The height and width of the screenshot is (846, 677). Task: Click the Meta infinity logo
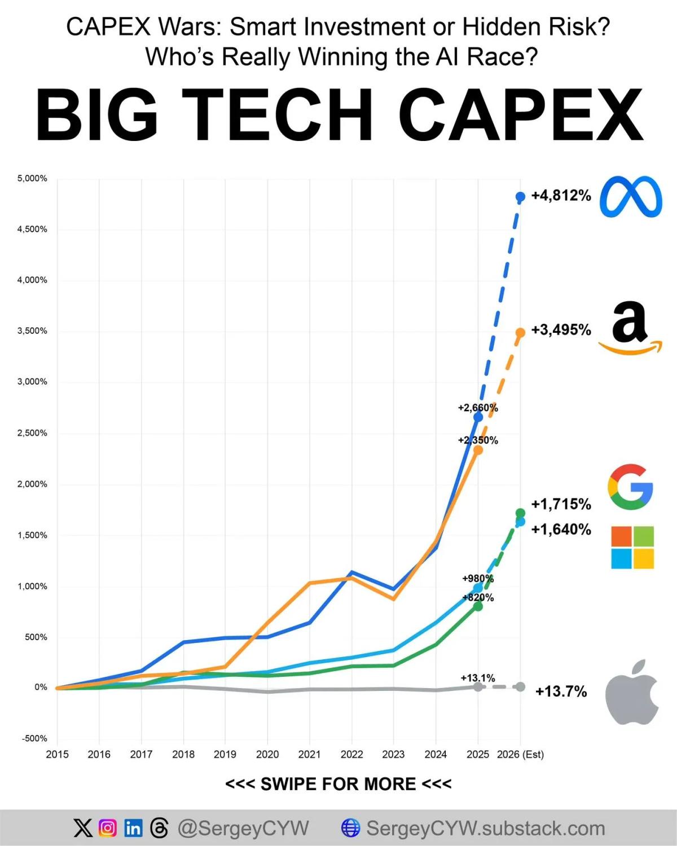[x=631, y=197]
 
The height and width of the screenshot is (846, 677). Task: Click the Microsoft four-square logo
[x=632, y=547]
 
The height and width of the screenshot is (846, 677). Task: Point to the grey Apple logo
[x=632, y=692]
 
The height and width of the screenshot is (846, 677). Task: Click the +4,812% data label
[x=561, y=196]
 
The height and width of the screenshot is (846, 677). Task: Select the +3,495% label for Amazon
[x=561, y=329]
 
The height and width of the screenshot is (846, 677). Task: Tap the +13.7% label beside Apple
[x=561, y=691]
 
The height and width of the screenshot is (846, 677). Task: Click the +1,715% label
[x=561, y=504]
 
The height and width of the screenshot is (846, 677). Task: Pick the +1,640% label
[x=561, y=529]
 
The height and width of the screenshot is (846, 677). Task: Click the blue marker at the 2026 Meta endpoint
[x=520, y=196]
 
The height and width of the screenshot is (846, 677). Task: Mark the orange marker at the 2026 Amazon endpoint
[x=520, y=333]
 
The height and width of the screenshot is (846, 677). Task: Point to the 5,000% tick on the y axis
[x=32, y=178]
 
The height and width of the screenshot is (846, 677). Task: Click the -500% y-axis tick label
[x=34, y=738]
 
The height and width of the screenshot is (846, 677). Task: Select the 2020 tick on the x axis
[x=267, y=755]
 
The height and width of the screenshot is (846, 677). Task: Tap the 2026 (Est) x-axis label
[x=520, y=755]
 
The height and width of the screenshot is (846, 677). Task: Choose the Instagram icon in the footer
[x=108, y=828]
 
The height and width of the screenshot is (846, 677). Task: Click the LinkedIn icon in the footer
[x=134, y=828]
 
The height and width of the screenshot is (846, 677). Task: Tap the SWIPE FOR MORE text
[x=338, y=784]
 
